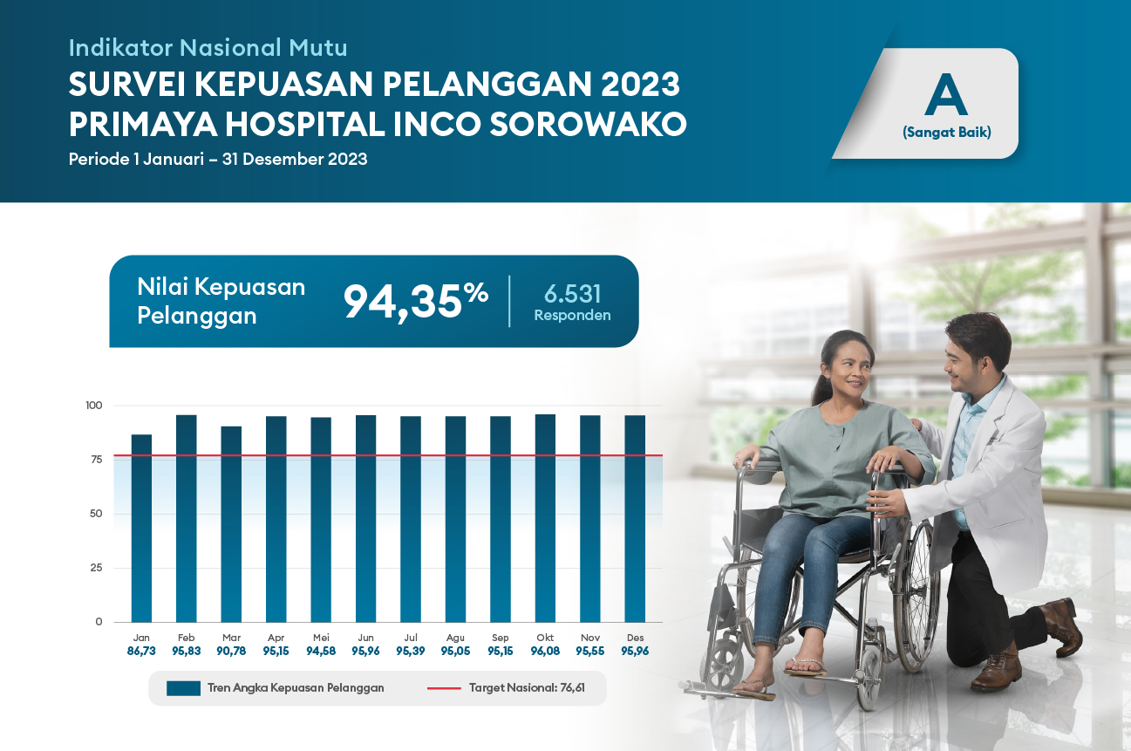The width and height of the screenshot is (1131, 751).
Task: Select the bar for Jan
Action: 141,528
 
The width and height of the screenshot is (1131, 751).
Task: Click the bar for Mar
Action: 231,523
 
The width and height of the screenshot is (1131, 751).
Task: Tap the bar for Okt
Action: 545,518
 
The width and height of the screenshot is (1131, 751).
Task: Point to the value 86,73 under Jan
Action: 141,651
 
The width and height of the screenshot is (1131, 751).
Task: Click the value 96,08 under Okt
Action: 545,651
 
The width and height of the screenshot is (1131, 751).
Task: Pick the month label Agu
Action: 455,638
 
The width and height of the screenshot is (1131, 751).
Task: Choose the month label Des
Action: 635,638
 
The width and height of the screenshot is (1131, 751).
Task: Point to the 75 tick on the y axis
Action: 97,459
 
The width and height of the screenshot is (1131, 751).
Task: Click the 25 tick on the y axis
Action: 97,568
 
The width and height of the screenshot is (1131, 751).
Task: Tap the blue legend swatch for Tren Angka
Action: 183,688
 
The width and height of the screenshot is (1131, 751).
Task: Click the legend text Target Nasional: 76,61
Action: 527,688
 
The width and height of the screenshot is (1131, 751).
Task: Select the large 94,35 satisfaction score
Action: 416,302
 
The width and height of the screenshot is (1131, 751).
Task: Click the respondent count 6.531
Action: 573,294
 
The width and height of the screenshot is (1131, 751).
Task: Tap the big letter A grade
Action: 946,94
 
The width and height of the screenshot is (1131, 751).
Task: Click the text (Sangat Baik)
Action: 947,133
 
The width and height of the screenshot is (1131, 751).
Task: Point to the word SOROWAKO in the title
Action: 589,124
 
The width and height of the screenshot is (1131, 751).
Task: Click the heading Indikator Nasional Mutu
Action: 208,48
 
